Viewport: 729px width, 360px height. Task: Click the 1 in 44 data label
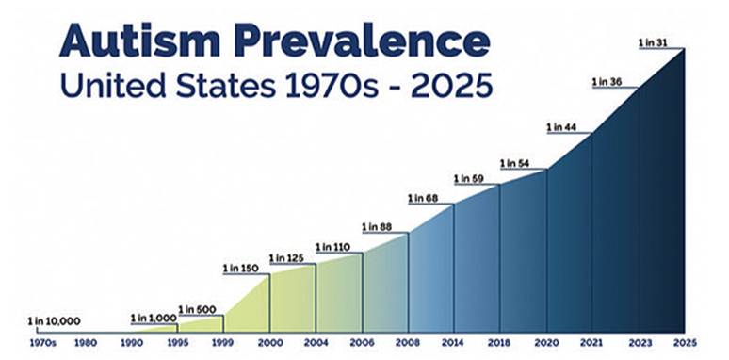coord(564,127)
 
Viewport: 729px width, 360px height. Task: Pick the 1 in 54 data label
coord(518,163)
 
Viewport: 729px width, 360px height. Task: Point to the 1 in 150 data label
coord(241,268)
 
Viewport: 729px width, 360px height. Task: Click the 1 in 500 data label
coord(196,309)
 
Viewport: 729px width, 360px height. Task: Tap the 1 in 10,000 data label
coord(55,320)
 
